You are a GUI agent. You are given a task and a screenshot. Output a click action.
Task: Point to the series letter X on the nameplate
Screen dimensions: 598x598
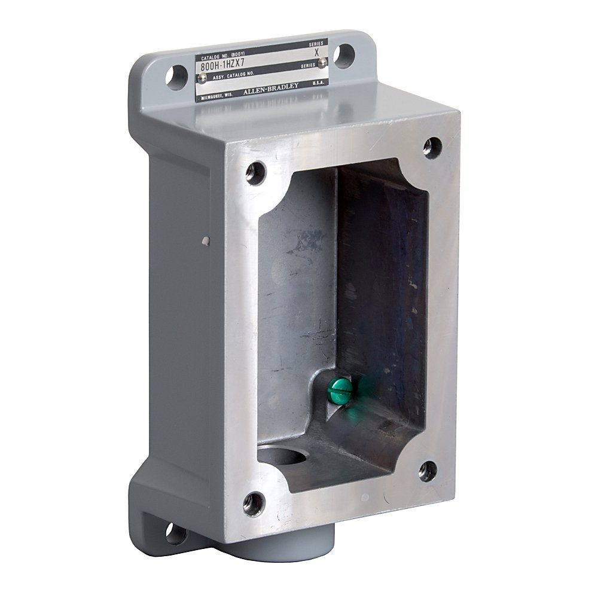pos(316,52)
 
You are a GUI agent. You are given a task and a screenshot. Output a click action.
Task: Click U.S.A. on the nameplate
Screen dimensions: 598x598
pos(318,86)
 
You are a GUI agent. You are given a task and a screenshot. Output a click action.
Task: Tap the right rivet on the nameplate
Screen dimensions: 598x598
pos(323,62)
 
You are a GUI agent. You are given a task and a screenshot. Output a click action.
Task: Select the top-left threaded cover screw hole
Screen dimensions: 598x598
pos(254,173)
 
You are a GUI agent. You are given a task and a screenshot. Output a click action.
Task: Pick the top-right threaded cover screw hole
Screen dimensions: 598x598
pos(432,146)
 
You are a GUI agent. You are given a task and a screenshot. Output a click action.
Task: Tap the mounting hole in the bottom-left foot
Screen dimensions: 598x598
pos(175,533)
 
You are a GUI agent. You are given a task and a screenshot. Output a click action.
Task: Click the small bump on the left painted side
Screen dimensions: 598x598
pos(206,242)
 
